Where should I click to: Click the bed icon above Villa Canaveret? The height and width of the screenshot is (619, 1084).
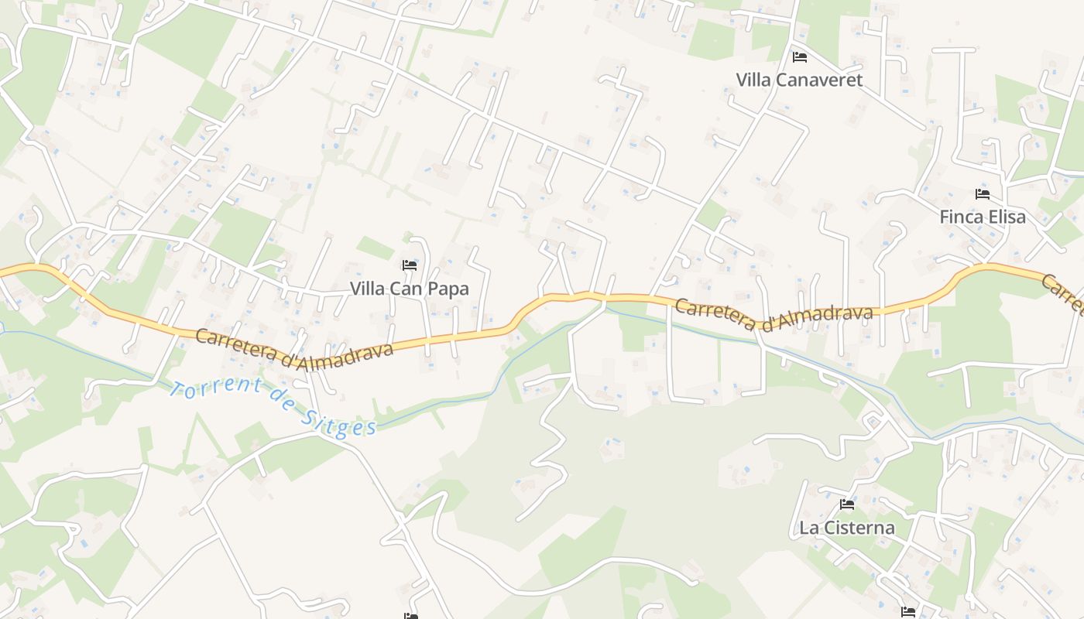800,57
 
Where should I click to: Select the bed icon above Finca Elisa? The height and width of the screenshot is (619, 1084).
983,194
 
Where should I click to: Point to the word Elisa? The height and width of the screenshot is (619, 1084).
1006,217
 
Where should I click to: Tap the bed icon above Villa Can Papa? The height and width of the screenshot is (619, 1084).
410,265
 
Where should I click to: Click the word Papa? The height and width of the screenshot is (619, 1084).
448,289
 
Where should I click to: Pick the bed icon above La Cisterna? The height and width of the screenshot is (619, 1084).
847,504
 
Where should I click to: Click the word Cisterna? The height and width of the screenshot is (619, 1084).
859,528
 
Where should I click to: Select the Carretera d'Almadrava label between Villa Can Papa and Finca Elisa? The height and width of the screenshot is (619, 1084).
774,313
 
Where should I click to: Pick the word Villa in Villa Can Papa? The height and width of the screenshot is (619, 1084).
367,289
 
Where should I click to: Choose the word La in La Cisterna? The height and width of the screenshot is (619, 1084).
809,528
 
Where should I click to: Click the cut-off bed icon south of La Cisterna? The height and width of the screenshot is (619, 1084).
908,612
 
